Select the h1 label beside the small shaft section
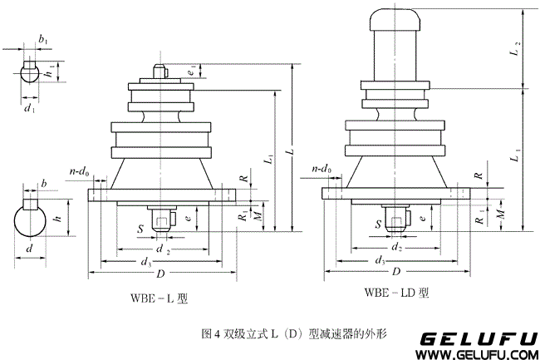[52, 72]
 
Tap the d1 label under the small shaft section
[29, 107]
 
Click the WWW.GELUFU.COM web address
[477, 354]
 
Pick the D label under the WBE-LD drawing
[397, 272]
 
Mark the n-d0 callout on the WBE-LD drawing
[322, 170]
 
